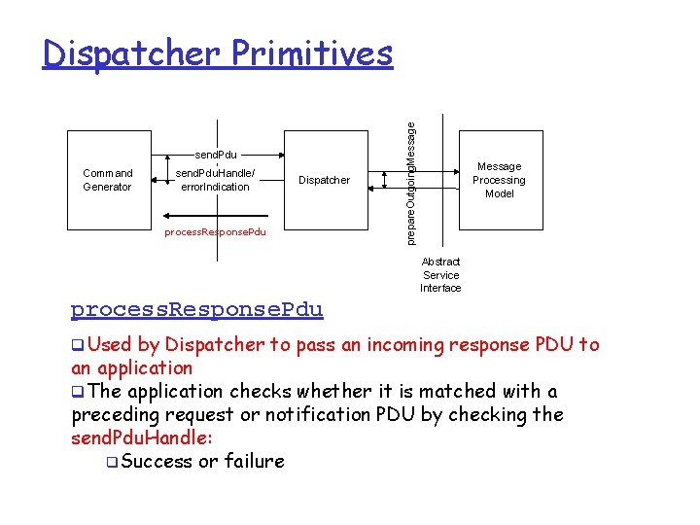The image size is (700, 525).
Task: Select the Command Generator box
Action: (x=107, y=180)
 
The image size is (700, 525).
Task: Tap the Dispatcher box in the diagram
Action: (x=324, y=180)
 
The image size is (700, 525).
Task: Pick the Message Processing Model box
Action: (x=499, y=180)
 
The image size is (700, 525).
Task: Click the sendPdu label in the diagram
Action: (x=216, y=155)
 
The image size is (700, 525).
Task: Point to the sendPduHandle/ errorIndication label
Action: (x=216, y=180)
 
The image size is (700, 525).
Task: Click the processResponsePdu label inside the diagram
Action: (x=215, y=232)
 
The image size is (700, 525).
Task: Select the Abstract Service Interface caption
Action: (x=440, y=275)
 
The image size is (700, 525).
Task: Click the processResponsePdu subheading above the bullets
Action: (x=196, y=310)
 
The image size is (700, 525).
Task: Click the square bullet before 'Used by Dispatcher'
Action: (x=78, y=345)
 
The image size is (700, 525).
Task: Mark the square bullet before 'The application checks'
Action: (x=78, y=392)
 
